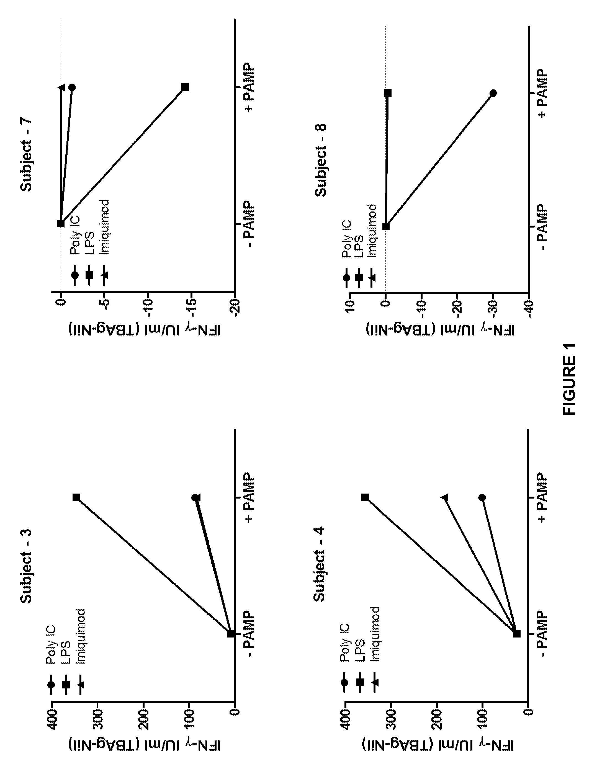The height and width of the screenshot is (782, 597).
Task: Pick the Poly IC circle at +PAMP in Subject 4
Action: pyautogui.click(x=482, y=497)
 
